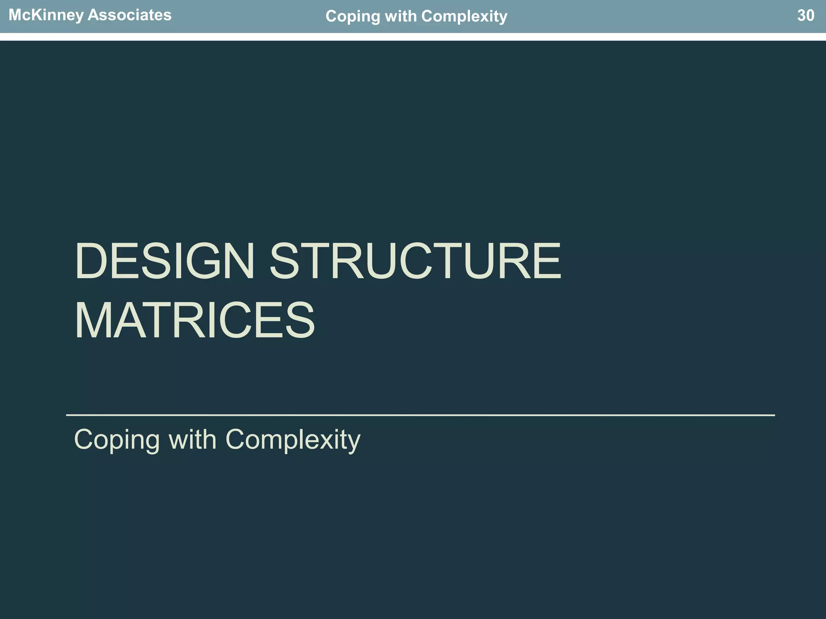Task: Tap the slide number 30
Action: (805, 16)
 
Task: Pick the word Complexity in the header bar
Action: (464, 17)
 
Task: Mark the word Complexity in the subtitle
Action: (293, 440)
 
